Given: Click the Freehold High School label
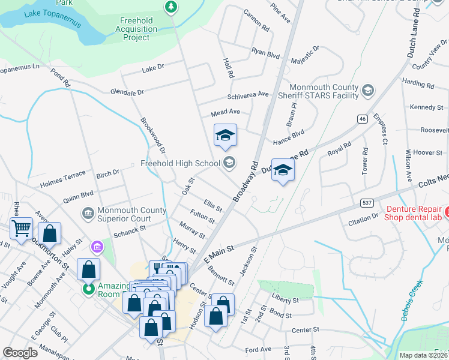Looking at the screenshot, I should pyautogui.click(x=179, y=163).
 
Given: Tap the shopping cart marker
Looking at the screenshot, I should pyautogui.click(x=21, y=228).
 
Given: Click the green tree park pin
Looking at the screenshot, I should pyautogui.click(x=172, y=7).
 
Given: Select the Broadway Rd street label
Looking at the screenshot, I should pyautogui.click(x=246, y=181).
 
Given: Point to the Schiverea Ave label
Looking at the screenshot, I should pyautogui.click(x=248, y=95).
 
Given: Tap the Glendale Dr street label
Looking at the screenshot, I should pyautogui.click(x=127, y=92).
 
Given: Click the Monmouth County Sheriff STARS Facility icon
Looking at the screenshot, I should pyautogui.click(x=367, y=91).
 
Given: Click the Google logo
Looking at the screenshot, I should pyautogui.click(x=20, y=353).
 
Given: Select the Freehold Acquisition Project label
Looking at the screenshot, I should pyautogui.click(x=136, y=29).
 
